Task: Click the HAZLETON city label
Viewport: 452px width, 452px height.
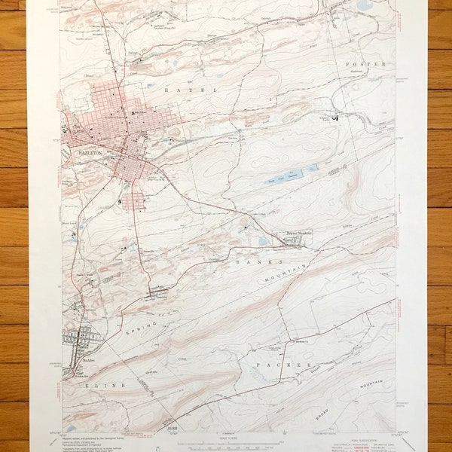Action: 89,152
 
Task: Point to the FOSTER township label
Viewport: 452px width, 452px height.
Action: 366,65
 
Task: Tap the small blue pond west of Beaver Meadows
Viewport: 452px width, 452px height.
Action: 261,241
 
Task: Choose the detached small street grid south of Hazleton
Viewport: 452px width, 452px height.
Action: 133,201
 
